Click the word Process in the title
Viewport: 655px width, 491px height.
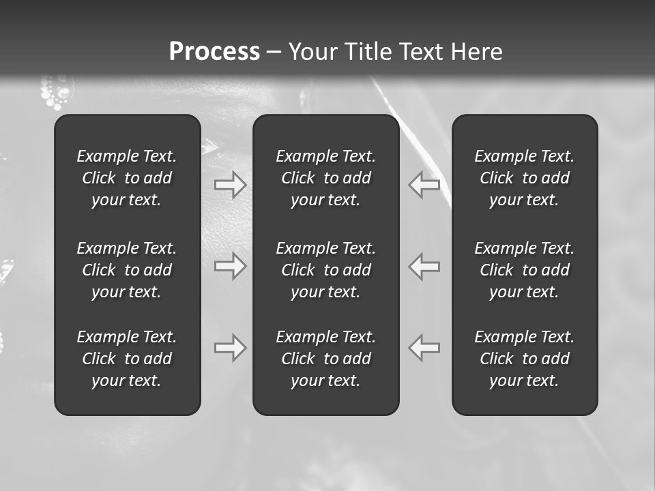point(214,51)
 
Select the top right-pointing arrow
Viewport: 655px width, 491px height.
point(230,185)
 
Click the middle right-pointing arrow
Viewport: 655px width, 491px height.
point(230,266)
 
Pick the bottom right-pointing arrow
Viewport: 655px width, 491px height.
point(230,348)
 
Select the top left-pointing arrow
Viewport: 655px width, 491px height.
point(424,185)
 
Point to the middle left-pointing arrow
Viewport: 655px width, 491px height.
point(424,266)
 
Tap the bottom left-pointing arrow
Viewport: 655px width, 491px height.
point(424,348)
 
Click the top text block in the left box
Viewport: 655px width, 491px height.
point(127,178)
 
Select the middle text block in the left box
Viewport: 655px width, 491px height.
point(127,270)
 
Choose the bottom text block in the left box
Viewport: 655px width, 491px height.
point(127,359)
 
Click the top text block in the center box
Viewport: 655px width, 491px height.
point(325,178)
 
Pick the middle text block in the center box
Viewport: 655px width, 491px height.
point(325,270)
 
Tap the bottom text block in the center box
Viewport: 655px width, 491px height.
point(325,359)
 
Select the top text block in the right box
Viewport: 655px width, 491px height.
point(524,178)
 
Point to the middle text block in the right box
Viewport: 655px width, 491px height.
point(524,270)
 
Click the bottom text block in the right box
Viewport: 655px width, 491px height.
point(524,359)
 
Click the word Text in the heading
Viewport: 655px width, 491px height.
point(422,51)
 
